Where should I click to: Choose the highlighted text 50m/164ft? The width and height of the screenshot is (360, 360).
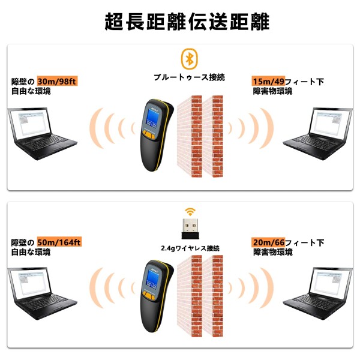pyautogui.click(x=59, y=242)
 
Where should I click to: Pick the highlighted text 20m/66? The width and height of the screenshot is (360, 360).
pyautogui.click(x=268, y=242)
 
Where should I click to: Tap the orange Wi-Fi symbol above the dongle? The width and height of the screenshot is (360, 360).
pyautogui.click(x=190, y=212)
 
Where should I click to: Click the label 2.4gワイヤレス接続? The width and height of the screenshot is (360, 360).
pyautogui.click(x=190, y=248)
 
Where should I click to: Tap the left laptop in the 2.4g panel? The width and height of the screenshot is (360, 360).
pyautogui.click(x=42, y=294)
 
